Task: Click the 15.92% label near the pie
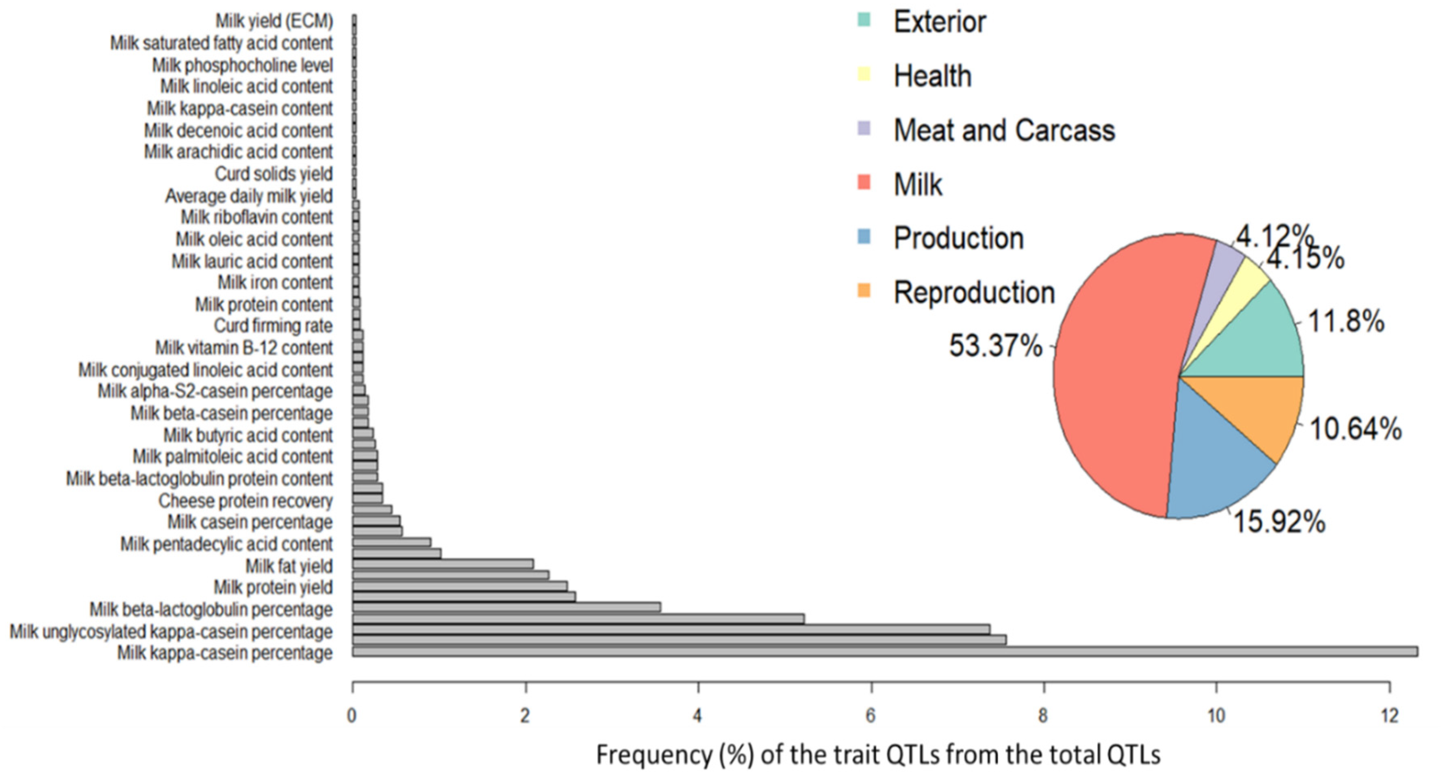coord(1279,521)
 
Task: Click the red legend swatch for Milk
coord(864,183)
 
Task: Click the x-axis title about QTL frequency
coord(878,755)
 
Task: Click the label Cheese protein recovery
coord(246,501)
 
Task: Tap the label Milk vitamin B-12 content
coord(244,347)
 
